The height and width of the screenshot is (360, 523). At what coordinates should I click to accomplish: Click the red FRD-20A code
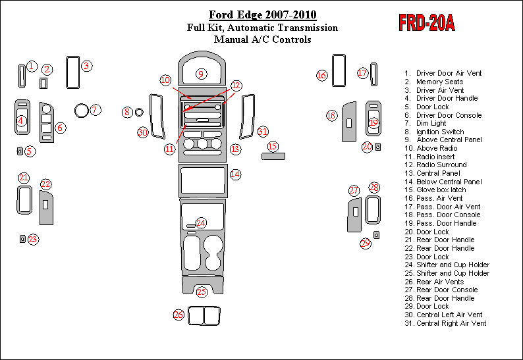[427, 23]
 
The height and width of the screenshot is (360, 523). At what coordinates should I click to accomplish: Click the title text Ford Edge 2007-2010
[262, 15]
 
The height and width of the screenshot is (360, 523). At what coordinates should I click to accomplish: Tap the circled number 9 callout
[201, 74]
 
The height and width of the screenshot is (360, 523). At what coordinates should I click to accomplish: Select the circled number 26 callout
[179, 315]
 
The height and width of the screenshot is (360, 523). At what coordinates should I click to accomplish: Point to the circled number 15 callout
[273, 146]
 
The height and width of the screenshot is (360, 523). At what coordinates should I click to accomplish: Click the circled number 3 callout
[86, 65]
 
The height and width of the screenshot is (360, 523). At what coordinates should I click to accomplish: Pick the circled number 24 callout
[201, 223]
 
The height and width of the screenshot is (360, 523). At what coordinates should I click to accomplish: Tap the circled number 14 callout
[235, 174]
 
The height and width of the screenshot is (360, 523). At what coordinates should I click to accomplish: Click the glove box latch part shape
[273, 157]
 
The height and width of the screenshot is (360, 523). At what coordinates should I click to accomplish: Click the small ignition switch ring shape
[139, 113]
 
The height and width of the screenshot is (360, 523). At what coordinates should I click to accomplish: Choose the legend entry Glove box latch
[441, 190]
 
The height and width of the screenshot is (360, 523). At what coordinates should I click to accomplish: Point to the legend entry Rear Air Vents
[441, 282]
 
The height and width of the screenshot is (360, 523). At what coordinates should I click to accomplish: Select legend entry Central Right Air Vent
[451, 323]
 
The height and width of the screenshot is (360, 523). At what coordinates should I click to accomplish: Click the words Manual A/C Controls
[262, 39]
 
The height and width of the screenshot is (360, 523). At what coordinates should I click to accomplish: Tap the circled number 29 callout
[366, 243]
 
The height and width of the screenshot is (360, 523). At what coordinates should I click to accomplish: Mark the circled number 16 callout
[321, 76]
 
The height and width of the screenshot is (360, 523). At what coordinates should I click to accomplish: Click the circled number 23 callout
[33, 240]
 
